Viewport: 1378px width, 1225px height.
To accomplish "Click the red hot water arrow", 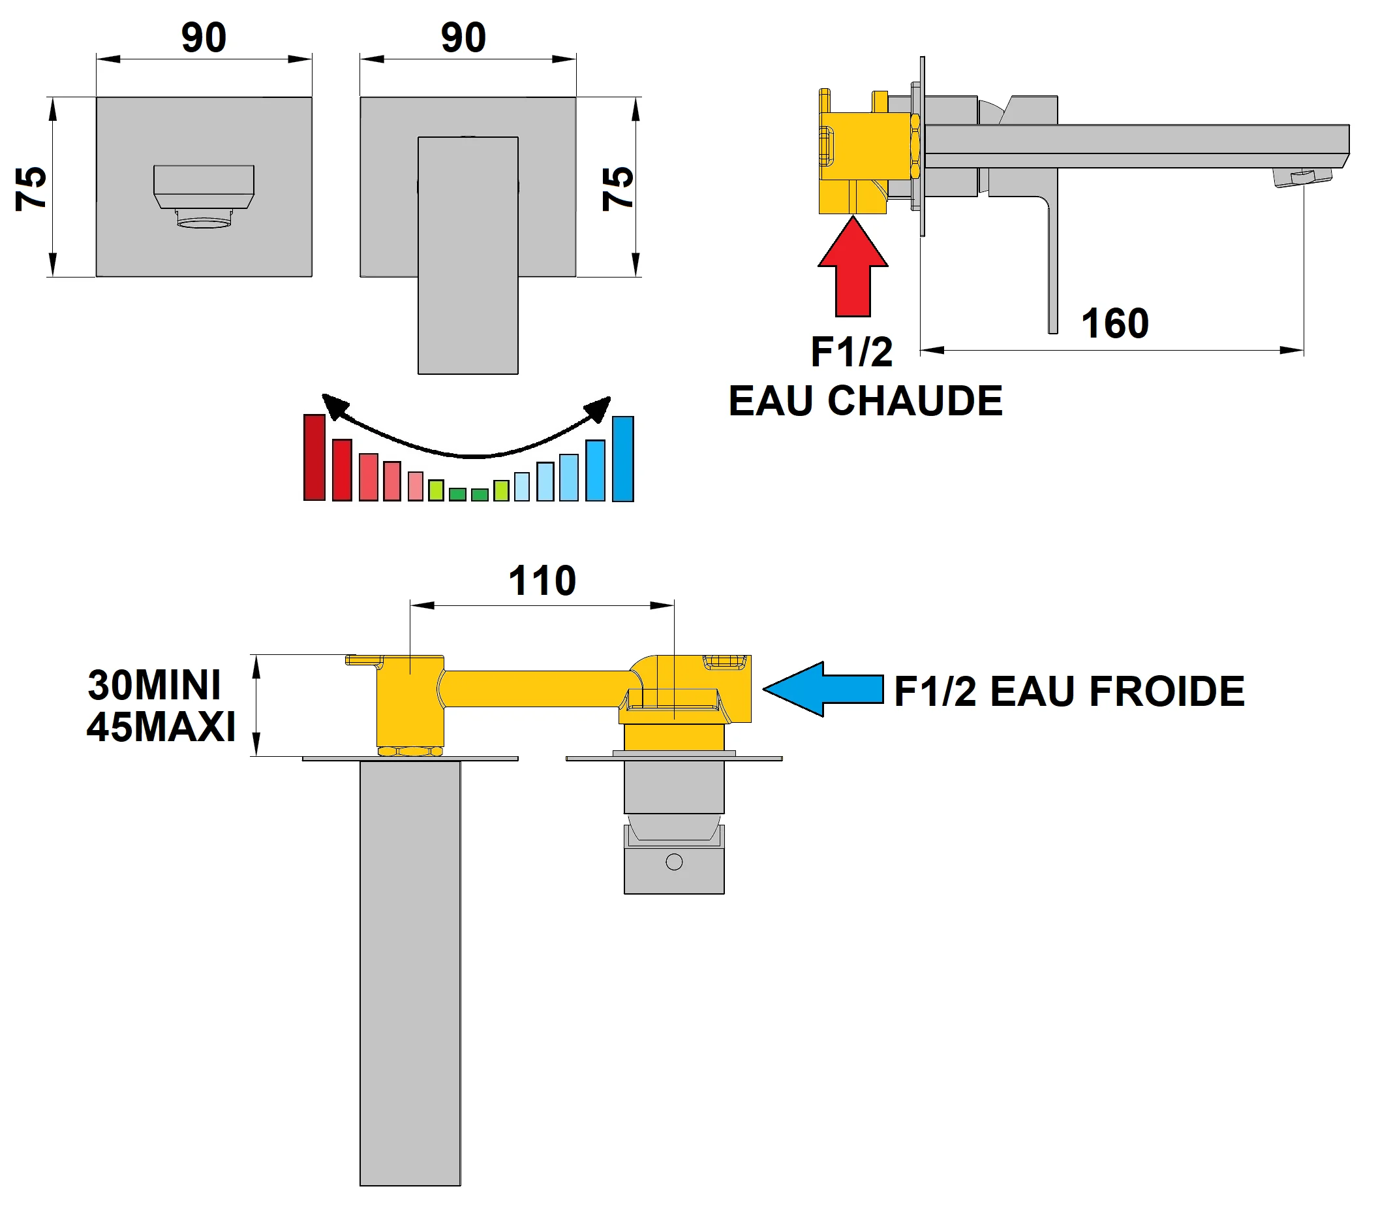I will (x=853, y=270).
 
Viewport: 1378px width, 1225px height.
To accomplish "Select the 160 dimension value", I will (x=1114, y=324).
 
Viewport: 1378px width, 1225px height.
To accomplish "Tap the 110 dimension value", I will (x=542, y=581).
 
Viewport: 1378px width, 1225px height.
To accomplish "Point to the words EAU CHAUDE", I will (x=865, y=402).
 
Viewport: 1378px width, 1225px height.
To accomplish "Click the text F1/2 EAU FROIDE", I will (x=1069, y=692).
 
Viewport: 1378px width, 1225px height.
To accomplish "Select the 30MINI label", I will (x=155, y=686).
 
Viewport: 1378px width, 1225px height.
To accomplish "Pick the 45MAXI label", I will (x=161, y=727).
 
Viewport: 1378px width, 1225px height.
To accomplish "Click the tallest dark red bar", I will (x=314, y=457).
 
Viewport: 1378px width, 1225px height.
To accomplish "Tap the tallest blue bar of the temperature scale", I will (x=622, y=458).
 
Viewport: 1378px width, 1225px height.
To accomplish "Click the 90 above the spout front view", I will (x=204, y=38).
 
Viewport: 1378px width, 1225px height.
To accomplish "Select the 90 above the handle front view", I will (x=463, y=38).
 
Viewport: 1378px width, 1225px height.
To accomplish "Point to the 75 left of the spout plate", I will (x=31, y=188).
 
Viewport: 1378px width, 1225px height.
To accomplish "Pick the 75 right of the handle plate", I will (x=617, y=188).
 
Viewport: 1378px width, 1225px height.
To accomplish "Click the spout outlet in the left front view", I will (x=204, y=218).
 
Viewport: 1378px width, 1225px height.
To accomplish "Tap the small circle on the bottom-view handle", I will (x=673, y=861).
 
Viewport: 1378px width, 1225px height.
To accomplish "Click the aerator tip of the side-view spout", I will (x=1302, y=178).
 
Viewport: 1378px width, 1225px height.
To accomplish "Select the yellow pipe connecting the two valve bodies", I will (x=536, y=688).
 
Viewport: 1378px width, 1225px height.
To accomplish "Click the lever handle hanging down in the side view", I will (x=1052, y=270).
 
